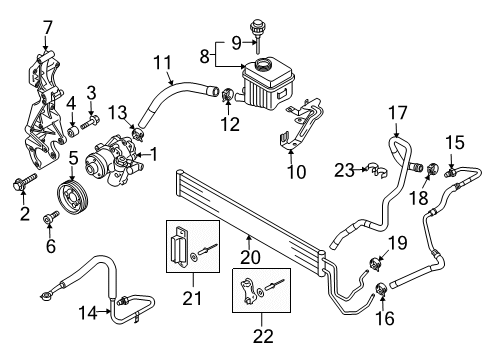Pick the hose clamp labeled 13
point(139,129)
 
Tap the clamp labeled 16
point(381,291)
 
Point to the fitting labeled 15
point(451,173)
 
